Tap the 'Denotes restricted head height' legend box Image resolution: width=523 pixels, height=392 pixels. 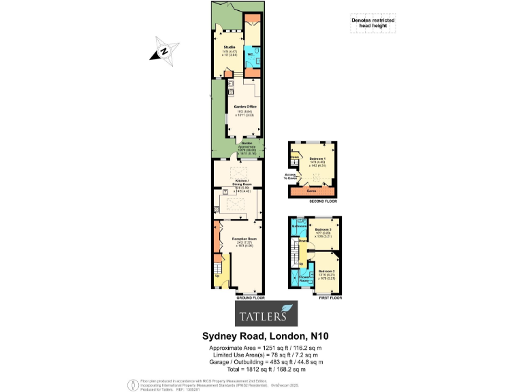tap(372, 23)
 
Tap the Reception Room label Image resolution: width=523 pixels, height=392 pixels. tap(243, 240)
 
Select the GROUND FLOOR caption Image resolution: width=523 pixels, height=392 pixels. tap(249, 298)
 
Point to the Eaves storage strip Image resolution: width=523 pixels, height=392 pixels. tap(311, 193)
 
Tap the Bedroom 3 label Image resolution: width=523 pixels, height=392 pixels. tap(322, 231)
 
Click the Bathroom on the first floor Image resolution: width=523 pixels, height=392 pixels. tap(299, 225)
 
